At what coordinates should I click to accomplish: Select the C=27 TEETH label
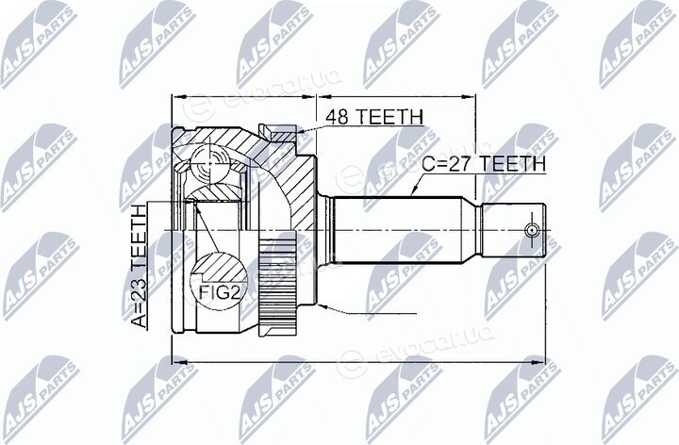coord(484,164)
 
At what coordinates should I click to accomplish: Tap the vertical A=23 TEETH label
coord(140,266)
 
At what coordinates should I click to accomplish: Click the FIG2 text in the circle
coord(219,293)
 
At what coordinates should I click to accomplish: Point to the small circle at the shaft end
coord(531,231)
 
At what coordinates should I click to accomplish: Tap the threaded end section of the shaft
coord(513,230)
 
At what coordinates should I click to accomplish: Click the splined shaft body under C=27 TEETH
coord(397,230)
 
